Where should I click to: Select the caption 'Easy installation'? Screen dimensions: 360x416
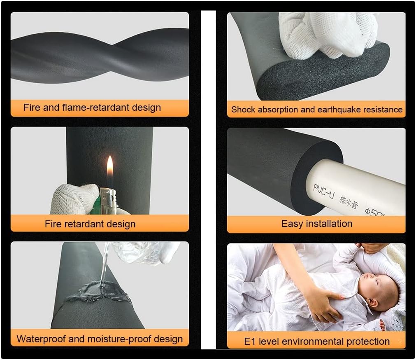click(316, 224)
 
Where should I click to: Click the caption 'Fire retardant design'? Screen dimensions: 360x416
click(90, 224)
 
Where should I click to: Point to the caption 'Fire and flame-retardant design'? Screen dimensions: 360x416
click(92, 108)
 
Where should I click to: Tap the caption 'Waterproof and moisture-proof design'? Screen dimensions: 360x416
click(100, 339)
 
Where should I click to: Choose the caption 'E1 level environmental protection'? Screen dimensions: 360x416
click(316, 341)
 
